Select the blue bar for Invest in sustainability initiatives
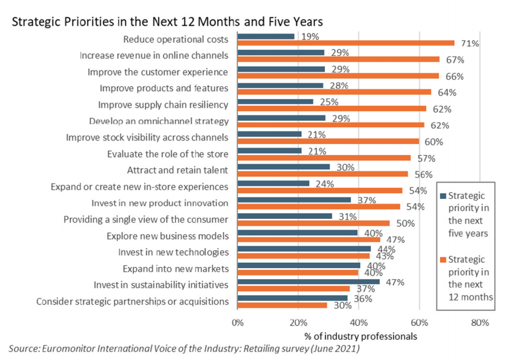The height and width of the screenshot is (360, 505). pos(308,282)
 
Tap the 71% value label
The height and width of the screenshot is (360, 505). pos(470,44)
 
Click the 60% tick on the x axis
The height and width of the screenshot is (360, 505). pos(419,322)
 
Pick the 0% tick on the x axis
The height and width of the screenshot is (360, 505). pos(237,322)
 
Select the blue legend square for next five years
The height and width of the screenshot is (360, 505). pos(442,196)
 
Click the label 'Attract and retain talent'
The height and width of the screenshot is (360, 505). pos(177,170)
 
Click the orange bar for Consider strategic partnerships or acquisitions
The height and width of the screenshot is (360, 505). pos(282,305)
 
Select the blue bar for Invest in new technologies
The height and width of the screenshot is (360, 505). pos(304,249)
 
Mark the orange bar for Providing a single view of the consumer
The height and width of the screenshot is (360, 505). pos(313,223)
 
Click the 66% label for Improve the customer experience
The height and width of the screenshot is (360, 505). pos(455,77)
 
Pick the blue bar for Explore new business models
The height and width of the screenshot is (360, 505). pos(298,232)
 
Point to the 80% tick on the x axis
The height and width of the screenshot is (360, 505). pos(479,322)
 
